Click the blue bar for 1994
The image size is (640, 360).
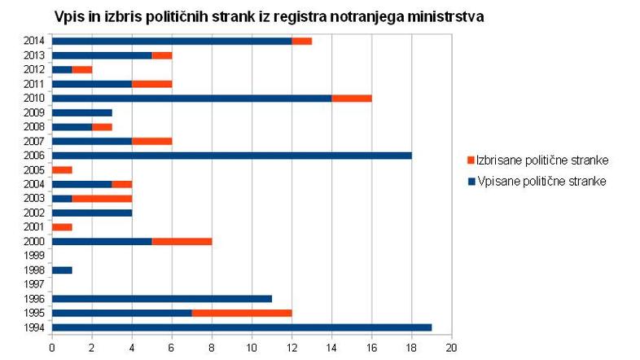pyautogui.click(x=241, y=327)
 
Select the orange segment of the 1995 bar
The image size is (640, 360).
pyautogui.click(x=241, y=313)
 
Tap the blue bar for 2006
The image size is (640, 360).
pyautogui.click(x=231, y=155)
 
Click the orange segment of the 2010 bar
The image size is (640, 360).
pyautogui.click(x=351, y=98)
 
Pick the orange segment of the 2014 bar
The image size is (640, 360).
pyautogui.click(x=301, y=41)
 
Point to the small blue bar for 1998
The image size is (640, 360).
pyautogui.click(x=62, y=270)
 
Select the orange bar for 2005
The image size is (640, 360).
pyautogui.click(x=62, y=169)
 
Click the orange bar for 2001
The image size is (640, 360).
pyautogui.click(x=62, y=226)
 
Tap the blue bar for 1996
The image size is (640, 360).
pyautogui.click(x=161, y=298)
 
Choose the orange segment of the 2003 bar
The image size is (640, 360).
pyautogui.click(x=102, y=198)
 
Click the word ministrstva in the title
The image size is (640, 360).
pyautogui.click(x=440, y=16)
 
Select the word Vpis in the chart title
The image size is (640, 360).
pyautogui.click(x=71, y=16)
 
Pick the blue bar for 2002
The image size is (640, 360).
pyautogui.click(x=92, y=213)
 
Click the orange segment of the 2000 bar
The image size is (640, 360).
pyautogui.click(x=182, y=241)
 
